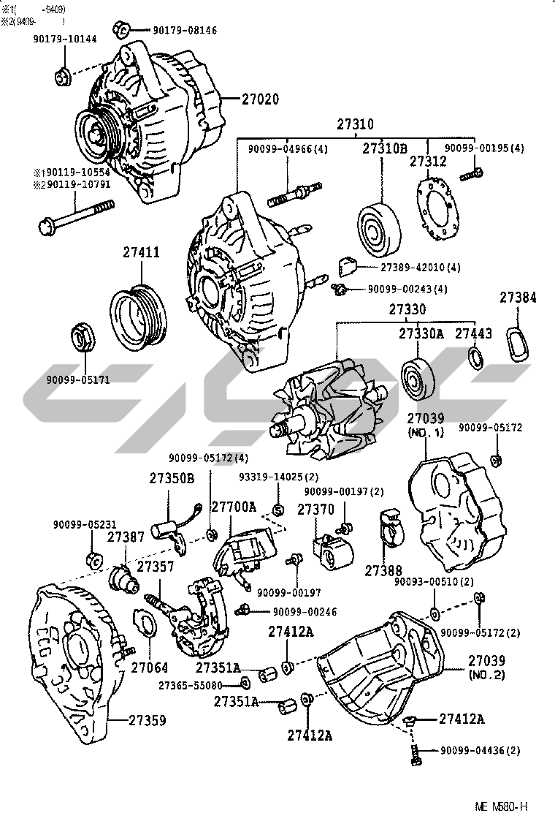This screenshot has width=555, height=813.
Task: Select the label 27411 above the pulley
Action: (141, 252)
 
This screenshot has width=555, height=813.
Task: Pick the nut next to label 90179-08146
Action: (122, 29)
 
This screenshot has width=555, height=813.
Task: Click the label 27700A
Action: (233, 507)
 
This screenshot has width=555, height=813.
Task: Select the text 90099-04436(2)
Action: (480, 751)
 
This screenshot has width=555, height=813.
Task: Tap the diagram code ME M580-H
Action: (501, 806)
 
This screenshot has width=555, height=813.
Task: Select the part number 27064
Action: (149, 667)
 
